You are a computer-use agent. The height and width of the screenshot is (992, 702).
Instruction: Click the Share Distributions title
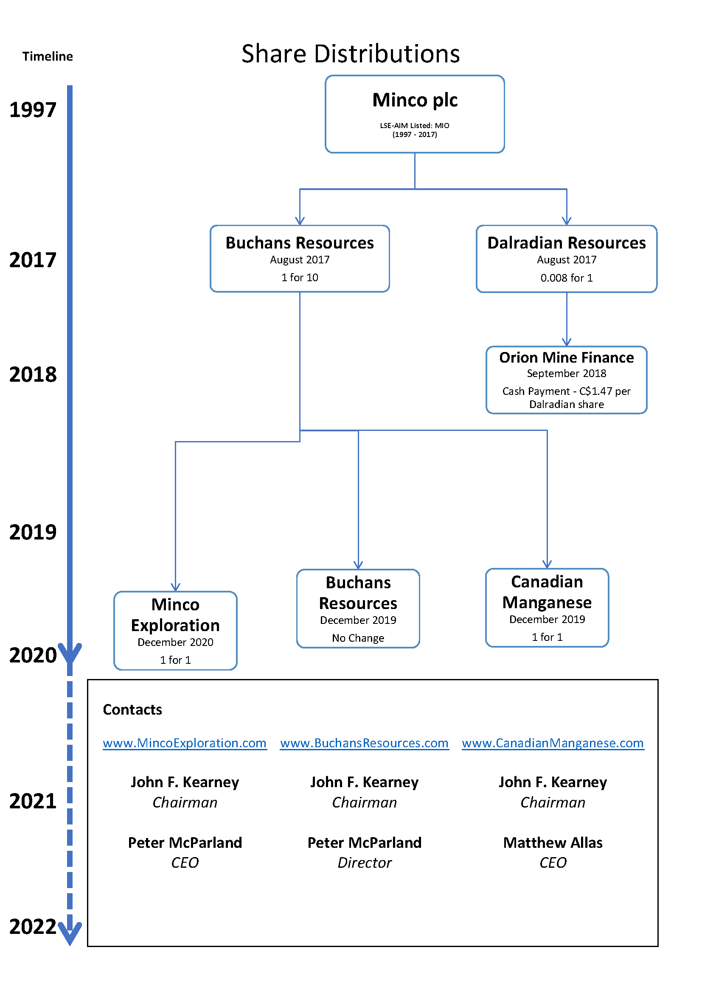pyautogui.click(x=351, y=54)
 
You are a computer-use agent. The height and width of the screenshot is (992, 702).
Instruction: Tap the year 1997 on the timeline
pyautogui.click(x=33, y=110)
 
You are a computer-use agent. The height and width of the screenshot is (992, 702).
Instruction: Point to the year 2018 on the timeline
pyautogui.click(x=33, y=374)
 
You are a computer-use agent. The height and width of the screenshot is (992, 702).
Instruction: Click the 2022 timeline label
pyautogui.click(x=33, y=927)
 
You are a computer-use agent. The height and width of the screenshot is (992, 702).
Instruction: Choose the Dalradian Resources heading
pyautogui.click(x=567, y=243)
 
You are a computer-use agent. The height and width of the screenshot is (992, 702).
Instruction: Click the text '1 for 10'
pyautogui.click(x=300, y=277)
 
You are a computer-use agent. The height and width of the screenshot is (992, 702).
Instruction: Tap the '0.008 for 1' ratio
pyautogui.click(x=567, y=278)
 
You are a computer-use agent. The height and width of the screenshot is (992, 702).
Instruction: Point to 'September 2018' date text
pyautogui.click(x=567, y=373)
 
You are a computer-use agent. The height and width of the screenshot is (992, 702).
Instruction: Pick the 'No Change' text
pyautogui.click(x=358, y=638)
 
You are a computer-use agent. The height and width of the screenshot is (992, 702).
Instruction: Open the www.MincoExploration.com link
pyautogui.click(x=185, y=743)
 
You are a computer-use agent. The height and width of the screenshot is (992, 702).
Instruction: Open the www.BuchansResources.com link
pyautogui.click(x=365, y=743)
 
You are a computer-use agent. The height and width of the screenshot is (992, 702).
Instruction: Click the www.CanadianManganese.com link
pyautogui.click(x=553, y=743)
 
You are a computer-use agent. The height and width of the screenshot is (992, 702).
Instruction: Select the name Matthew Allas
pyautogui.click(x=553, y=843)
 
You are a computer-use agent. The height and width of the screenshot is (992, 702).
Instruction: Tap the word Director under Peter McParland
pyautogui.click(x=365, y=863)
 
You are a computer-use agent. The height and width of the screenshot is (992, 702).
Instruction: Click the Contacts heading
pyautogui.click(x=132, y=710)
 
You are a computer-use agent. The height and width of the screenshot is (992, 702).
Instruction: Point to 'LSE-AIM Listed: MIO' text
pyautogui.click(x=415, y=125)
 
